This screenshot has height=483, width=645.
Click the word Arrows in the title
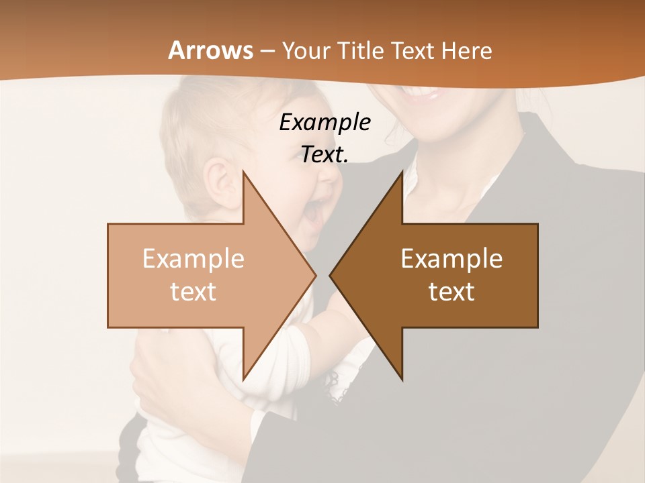point(211,50)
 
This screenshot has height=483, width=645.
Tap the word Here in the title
point(466,50)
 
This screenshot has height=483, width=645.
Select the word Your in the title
point(306,50)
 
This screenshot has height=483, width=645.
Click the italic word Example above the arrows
point(325,123)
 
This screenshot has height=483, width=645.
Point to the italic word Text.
point(325,155)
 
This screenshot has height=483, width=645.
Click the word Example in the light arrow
point(193,259)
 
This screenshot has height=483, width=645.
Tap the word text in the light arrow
point(193,292)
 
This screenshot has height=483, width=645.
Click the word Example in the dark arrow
point(451,259)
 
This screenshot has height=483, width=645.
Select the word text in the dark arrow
point(451,292)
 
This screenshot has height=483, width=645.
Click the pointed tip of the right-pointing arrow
point(316,275)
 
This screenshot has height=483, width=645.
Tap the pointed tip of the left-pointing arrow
point(330,275)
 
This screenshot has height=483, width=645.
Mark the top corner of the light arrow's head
point(243,172)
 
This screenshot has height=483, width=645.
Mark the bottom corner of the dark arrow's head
point(402,380)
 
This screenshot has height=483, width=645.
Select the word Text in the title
point(411,50)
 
